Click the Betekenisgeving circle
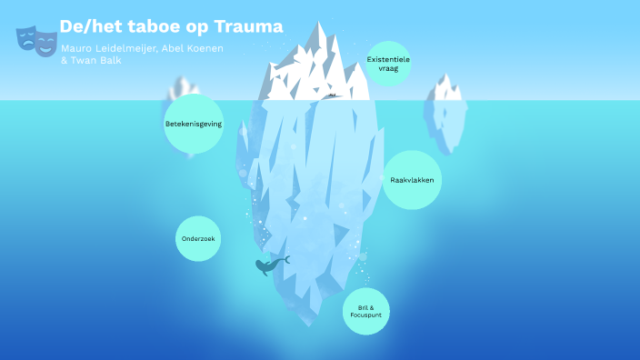click(194, 123)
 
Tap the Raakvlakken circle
click(411, 180)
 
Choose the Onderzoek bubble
click(198, 239)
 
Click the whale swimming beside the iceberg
click(268, 265)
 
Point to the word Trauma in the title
click(250, 26)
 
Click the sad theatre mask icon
click(27, 37)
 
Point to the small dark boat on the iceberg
click(332, 94)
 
